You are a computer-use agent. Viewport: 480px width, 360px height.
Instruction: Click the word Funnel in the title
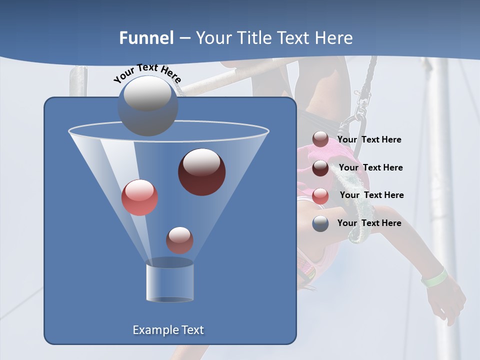tap(146, 38)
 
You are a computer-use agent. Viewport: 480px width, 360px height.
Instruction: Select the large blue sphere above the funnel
tap(148, 105)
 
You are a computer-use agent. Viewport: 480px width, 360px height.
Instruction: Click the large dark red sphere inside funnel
tap(202, 171)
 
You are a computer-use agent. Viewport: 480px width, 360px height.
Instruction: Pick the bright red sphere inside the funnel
tap(139, 197)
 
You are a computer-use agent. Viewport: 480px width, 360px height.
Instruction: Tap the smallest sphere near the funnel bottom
tap(179, 240)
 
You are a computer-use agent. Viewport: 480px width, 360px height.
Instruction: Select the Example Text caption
tap(168, 330)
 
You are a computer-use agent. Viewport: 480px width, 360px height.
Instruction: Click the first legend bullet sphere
tap(320, 139)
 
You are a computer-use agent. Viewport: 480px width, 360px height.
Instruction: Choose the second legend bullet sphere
tap(320, 168)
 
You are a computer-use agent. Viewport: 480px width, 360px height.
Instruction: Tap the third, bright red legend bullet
tap(320, 196)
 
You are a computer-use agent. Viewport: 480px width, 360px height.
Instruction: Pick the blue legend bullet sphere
tap(320, 223)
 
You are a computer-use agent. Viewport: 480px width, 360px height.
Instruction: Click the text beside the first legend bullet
tap(369, 139)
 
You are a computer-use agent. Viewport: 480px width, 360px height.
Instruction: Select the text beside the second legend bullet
tap(370, 167)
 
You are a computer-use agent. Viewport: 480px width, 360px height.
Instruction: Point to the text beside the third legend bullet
tap(371, 195)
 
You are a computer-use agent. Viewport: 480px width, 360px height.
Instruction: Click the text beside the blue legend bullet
tap(369, 223)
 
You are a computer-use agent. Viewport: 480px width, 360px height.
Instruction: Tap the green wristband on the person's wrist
tap(433, 277)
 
